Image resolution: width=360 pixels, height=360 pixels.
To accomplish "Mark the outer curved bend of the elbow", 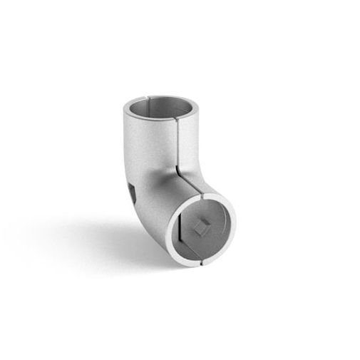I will click(x=128, y=214).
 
